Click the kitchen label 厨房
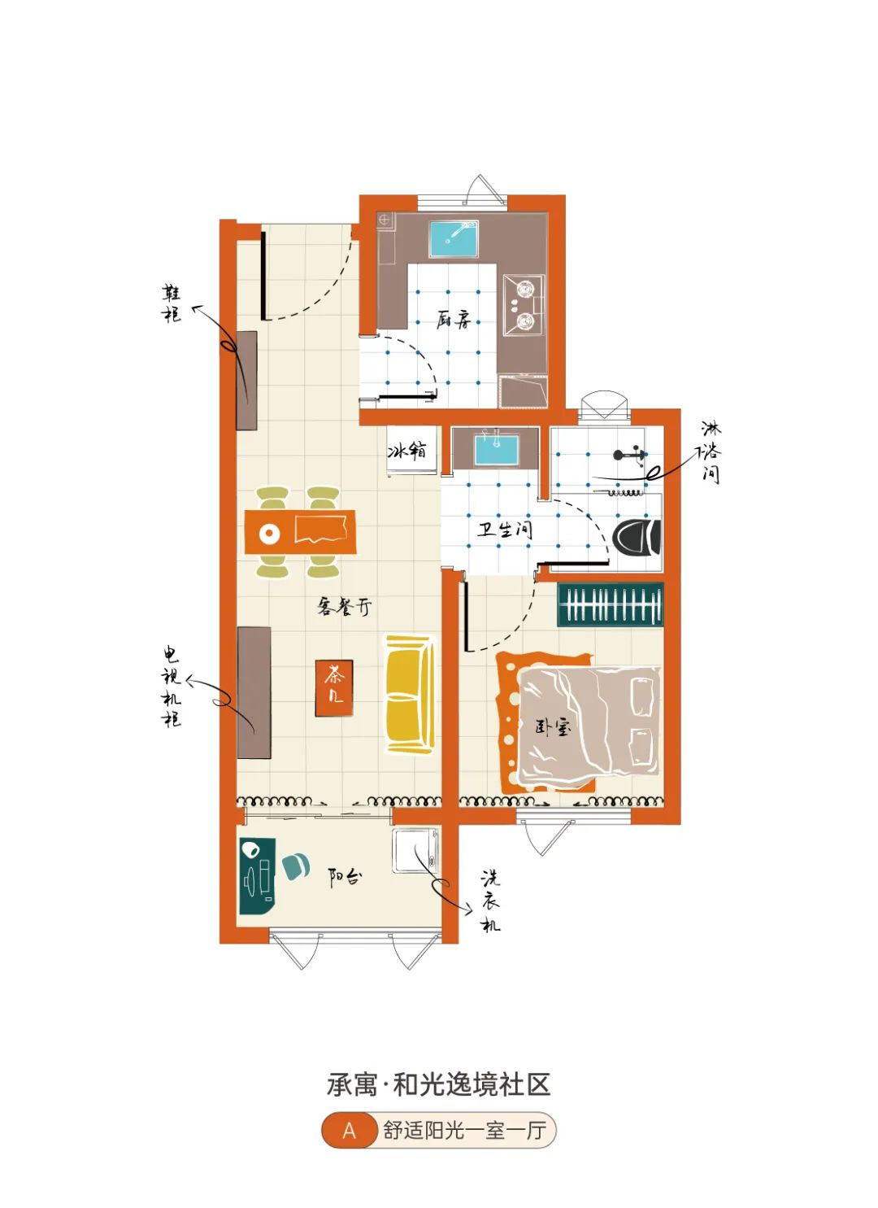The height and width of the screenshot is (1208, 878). [454, 320]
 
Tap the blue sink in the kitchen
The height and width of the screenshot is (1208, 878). [454, 239]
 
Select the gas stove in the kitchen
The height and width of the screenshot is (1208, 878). [523, 305]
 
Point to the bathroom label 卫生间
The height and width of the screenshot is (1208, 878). [505, 530]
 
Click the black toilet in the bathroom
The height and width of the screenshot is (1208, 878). [637, 538]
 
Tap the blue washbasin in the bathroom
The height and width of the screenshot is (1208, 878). [497, 451]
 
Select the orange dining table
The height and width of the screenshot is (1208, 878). [300, 532]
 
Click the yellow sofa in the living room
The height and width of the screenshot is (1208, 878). [409, 694]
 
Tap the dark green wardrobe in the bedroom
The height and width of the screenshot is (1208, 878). [610, 604]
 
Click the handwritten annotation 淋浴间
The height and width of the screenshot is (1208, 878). [711, 452]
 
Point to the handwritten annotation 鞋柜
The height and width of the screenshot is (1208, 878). [172, 304]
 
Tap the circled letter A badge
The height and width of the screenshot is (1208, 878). [350, 1130]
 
